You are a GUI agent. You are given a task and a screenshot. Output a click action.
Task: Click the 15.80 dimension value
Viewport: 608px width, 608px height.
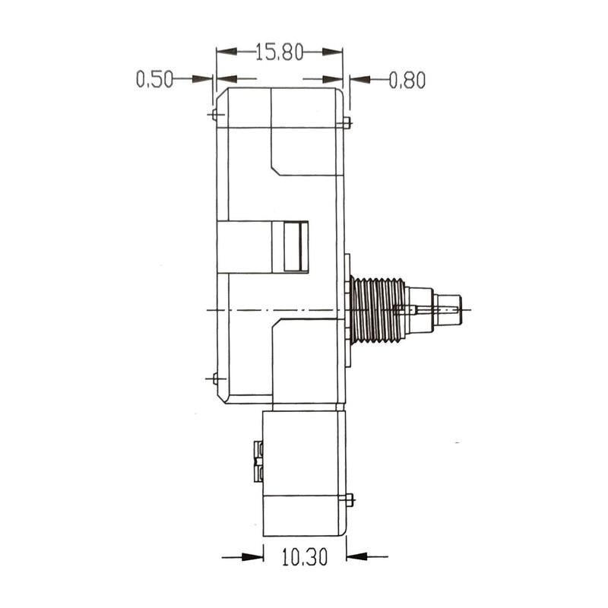pyautogui.click(x=279, y=52)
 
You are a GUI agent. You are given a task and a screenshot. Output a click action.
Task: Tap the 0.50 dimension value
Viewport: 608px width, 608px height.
pyautogui.click(x=154, y=79)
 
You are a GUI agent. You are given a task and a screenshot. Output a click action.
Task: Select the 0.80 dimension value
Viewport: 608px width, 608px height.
pyautogui.click(x=407, y=80)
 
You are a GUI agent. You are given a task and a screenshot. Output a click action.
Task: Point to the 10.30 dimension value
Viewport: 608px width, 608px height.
pyautogui.click(x=305, y=557)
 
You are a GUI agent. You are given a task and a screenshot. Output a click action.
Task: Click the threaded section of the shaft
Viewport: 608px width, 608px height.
pyautogui.click(x=377, y=310)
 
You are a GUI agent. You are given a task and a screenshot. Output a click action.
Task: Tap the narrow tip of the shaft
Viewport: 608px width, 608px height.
pyautogui.click(x=448, y=310)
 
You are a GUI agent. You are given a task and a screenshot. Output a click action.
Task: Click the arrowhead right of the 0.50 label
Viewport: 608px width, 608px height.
pyautogui.click(x=203, y=79)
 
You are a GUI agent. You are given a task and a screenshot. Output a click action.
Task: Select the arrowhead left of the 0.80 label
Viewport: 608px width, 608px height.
pyautogui.click(x=360, y=80)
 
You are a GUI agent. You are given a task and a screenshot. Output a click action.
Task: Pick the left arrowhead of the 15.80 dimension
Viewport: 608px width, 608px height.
pyautogui.click(x=226, y=52)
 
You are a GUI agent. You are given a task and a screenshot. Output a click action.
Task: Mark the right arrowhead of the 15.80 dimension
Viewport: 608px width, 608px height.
pyautogui.click(x=332, y=52)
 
